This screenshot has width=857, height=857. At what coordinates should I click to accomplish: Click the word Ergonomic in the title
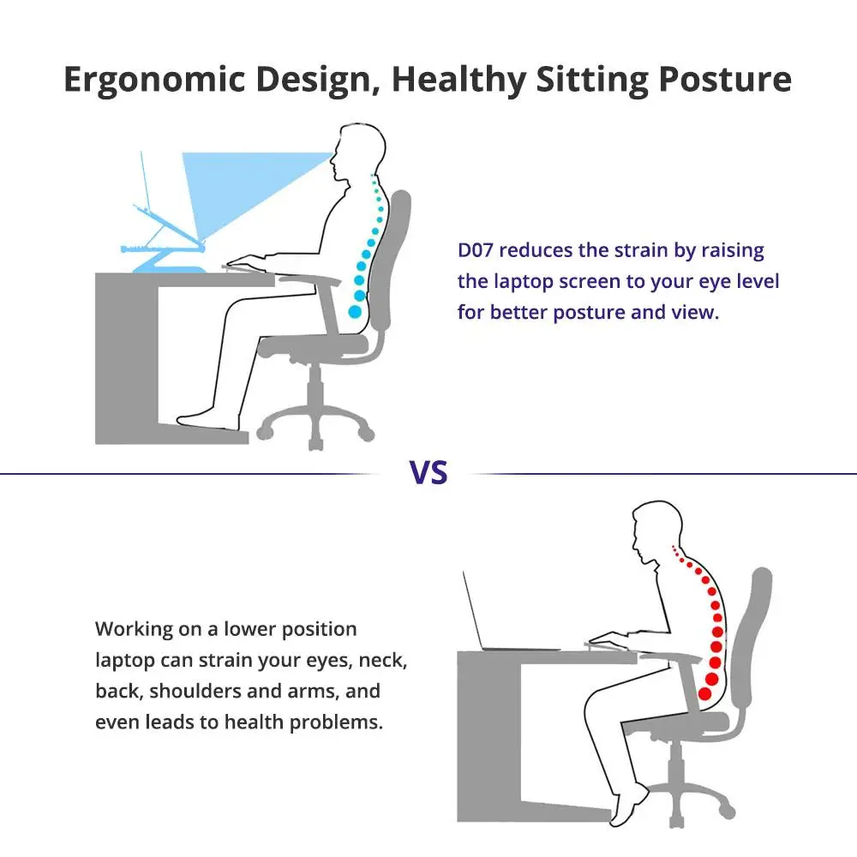(154, 80)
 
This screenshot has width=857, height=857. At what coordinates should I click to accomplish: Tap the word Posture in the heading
(725, 80)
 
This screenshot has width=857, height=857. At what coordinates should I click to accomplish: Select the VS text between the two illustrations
(428, 473)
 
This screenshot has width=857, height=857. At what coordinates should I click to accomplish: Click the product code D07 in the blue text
(476, 250)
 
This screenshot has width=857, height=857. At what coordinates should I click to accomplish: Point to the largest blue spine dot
(355, 312)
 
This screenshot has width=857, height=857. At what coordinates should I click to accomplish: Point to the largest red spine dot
(704, 693)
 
